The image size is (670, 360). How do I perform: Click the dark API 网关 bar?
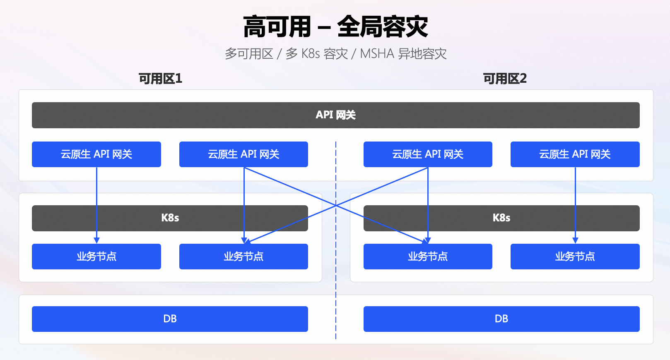(335, 115)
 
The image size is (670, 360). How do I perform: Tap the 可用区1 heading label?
(160, 79)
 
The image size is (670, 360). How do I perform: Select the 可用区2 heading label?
(505, 79)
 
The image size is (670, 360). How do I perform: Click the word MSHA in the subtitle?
(377, 54)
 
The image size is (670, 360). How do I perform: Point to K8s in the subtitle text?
(311, 54)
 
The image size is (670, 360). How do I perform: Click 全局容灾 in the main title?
(382, 27)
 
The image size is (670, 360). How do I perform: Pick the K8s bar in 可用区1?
(170, 218)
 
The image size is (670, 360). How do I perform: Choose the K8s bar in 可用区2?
(501, 218)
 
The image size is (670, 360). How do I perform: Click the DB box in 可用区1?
(170, 319)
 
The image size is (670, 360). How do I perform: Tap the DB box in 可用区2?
(501, 319)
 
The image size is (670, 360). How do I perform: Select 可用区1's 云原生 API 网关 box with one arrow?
(96, 154)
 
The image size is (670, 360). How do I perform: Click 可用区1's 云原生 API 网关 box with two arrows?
(243, 154)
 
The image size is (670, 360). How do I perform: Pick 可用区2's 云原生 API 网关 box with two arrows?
(428, 154)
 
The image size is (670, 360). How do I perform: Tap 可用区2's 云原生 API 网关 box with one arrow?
(575, 154)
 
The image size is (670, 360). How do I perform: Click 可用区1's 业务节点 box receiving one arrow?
(96, 257)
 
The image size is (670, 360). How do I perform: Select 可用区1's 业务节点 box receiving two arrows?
(243, 257)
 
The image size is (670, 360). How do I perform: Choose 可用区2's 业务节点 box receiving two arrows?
(428, 257)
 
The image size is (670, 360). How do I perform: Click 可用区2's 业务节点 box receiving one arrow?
(575, 257)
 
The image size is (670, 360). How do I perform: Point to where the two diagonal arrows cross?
(336, 205)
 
